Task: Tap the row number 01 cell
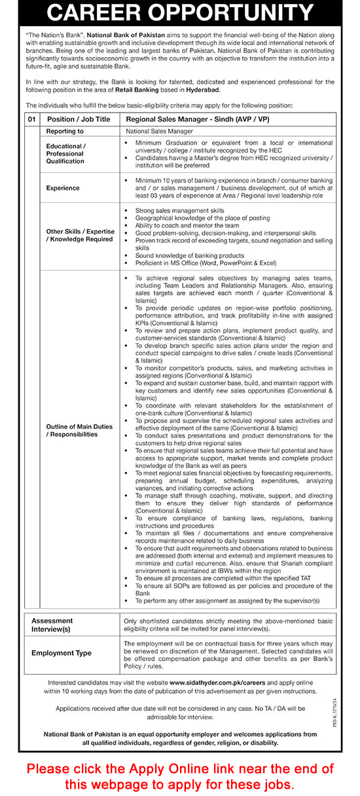[31, 119]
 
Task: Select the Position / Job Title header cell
[79, 119]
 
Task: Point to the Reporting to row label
[65, 131]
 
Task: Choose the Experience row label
[63, 188]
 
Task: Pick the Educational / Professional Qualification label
[65, 153]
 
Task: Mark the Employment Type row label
[62, 653]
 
